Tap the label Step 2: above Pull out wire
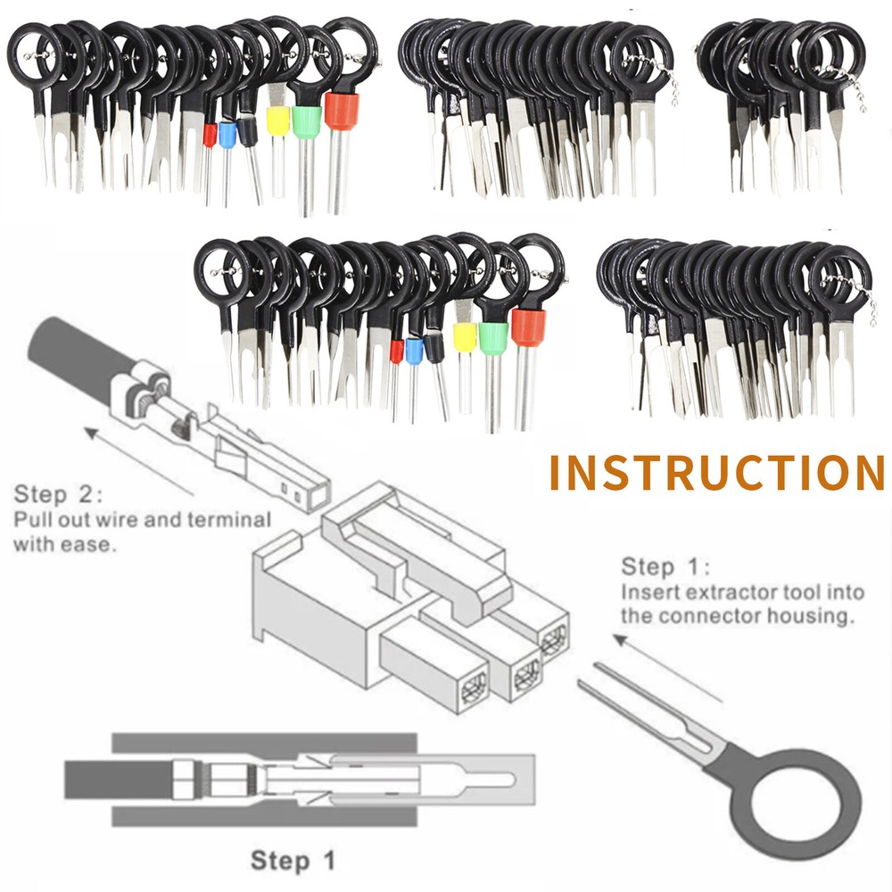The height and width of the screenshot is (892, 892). (x=59, y=495)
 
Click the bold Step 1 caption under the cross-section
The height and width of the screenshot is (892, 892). (x=293, y=861)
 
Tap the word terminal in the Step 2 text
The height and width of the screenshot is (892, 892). (x=228, y=519)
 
